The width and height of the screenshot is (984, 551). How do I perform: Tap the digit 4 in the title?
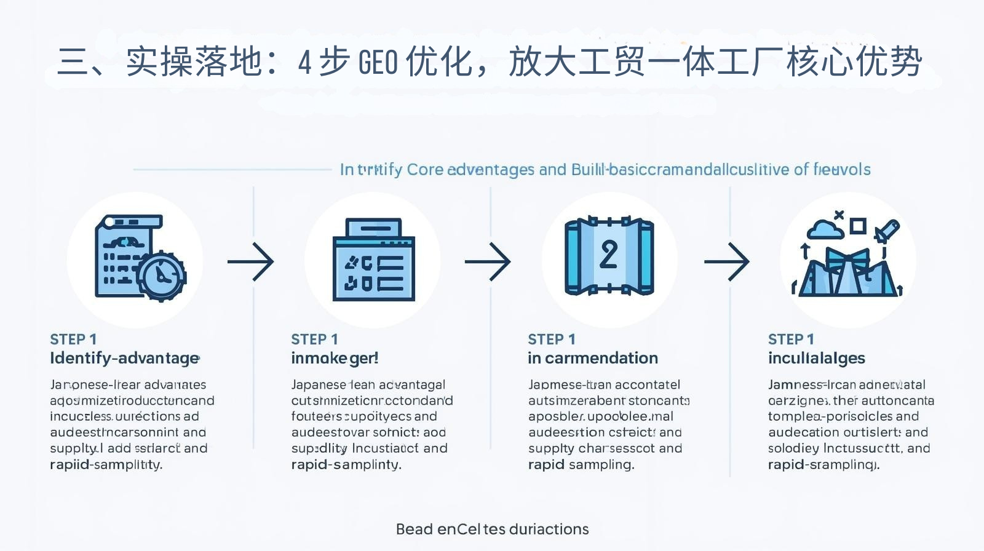click(x=304, y=62)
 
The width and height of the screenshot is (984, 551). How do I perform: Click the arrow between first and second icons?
click(x=251, y=262)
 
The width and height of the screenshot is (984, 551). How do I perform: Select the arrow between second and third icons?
click(x=488, y=262)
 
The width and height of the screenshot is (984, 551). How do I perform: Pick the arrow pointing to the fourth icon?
click(x=727, y=262)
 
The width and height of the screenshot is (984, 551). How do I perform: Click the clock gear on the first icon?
click(x=161, y=275)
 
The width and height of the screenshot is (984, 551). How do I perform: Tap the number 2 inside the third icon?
click(x=608, y=255)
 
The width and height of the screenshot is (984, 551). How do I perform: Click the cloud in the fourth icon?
click(x=825, y=229)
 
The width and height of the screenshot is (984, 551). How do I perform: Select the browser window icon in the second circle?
click(x=373, y=260)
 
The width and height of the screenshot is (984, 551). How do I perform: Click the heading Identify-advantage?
click(x=124, y=358)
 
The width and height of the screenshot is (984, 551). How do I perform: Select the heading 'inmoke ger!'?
click(x=335, y=358)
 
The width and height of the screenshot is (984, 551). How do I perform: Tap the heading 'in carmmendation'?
click(x=592, y=358)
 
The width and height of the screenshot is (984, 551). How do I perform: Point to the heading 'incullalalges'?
click(x=816, y=358)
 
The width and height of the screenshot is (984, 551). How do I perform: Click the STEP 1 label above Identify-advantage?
click(x=73, y=339)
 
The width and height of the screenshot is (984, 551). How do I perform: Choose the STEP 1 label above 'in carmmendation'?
click(x=551, y=339)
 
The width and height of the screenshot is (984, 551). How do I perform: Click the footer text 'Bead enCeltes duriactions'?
click(x=492, y=529)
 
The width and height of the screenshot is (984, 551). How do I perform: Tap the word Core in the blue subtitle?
click(x=425, y=169)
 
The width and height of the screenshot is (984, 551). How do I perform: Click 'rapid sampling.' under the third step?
click(x=581, y=464)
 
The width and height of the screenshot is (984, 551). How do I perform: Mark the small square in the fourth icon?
click(x=857, y=226)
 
